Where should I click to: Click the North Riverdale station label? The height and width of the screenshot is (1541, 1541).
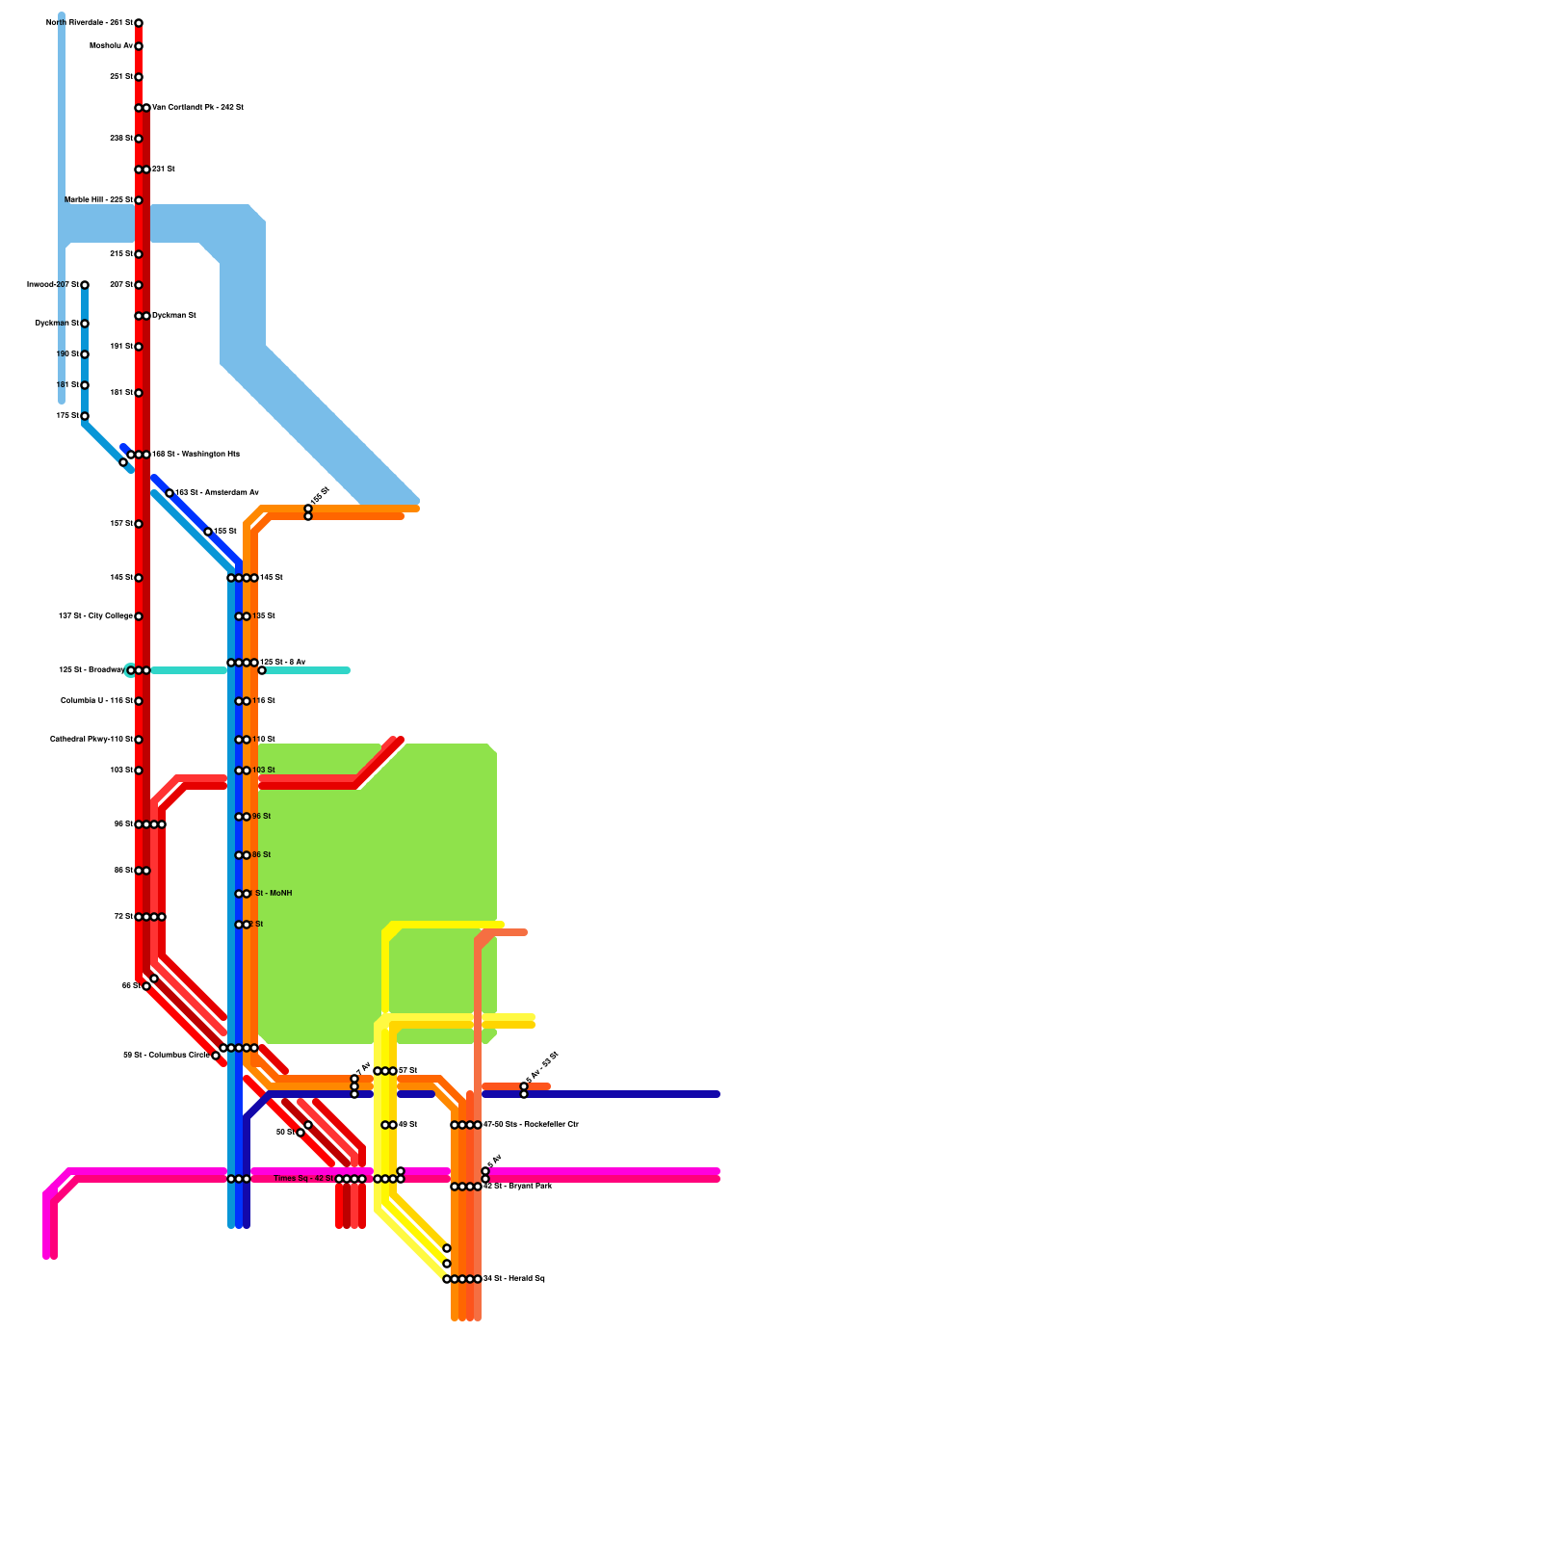point(90,22)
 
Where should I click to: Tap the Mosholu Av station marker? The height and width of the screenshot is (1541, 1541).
point(139,46)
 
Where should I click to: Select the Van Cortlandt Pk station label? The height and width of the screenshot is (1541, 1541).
point(197,107)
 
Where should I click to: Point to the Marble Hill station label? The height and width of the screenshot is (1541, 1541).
point(98,199)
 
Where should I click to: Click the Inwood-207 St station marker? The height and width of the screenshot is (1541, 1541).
point(85,285)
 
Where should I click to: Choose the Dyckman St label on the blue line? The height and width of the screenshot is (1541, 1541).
point(57,323)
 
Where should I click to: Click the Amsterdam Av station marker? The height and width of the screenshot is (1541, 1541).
point(170,493)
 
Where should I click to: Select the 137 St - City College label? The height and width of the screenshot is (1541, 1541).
point(95,615)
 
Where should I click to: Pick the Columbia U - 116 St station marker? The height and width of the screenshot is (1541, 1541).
point(139,701)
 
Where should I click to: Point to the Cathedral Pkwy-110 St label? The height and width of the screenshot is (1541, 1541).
point(91,739)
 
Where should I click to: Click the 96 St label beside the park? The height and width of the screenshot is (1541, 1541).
point(261,816)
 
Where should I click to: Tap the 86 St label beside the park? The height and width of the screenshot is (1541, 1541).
point(261,854)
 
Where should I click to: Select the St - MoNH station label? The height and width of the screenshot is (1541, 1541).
point(273,893)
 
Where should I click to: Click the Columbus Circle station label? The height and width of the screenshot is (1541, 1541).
point(166,1055)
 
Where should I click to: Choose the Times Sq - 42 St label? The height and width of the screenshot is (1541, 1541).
point(303,1178)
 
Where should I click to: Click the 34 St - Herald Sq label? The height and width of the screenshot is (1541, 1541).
point(513,1278)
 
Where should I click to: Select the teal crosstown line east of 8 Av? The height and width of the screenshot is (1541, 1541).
point(308,670)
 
